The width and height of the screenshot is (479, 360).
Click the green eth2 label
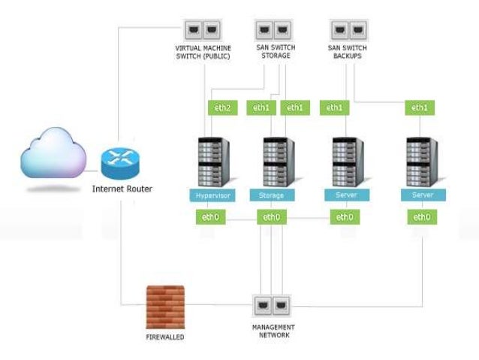(x=221, y=108)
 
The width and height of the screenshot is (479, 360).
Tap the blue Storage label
(x=273, y=195)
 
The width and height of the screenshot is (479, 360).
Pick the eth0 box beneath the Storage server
(x=271, y=217)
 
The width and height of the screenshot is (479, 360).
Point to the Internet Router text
(x=122, y=189)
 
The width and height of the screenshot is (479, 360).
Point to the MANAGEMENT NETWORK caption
(x=273, y=331)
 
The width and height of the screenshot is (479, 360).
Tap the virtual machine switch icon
(x=202, y=31)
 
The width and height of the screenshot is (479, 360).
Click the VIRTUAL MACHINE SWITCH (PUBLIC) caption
(x=202, y=53)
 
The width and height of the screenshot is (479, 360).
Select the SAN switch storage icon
(x=273, y=31)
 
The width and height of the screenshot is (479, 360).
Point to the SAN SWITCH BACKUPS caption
(x=347, y=53)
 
